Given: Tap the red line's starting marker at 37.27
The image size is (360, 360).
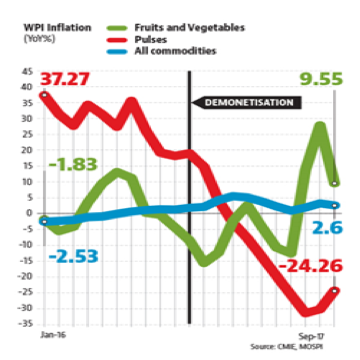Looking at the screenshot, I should coord(45,95).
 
